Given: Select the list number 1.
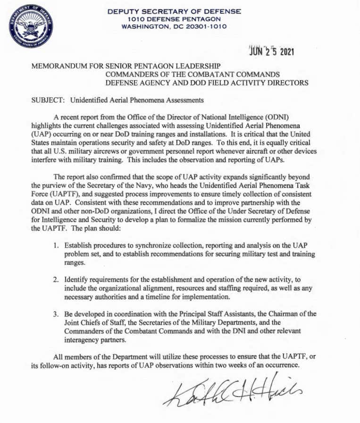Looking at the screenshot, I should (56, 246).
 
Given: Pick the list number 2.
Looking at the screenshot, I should (56, 280).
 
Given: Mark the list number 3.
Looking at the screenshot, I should (56, 314).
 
